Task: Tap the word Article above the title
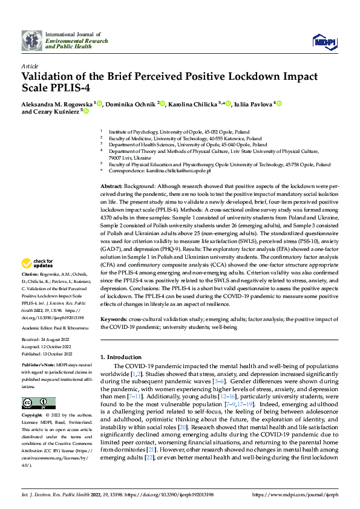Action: point(29,66)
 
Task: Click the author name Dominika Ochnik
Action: point(131,104)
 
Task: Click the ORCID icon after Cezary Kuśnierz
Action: point(87,112)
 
